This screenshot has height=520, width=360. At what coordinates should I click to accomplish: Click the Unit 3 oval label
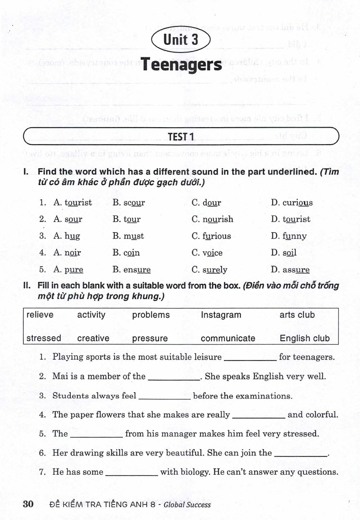181,40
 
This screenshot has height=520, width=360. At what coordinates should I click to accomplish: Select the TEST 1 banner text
181,137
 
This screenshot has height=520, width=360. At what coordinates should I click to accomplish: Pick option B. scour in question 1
128,202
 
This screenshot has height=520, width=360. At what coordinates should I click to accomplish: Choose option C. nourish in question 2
212,219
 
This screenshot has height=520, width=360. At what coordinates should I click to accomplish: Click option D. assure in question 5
290,270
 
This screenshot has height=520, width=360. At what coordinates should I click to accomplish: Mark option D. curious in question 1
292,202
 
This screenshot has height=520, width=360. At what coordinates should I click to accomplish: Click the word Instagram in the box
221,315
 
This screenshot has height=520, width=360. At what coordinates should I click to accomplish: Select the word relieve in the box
40,315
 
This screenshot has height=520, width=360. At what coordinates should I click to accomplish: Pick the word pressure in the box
150,338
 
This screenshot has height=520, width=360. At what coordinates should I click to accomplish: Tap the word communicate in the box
228,338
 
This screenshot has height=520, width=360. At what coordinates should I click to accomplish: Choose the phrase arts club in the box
297,315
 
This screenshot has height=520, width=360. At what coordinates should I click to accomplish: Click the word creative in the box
93,338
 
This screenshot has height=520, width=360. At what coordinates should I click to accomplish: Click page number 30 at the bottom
28,505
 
